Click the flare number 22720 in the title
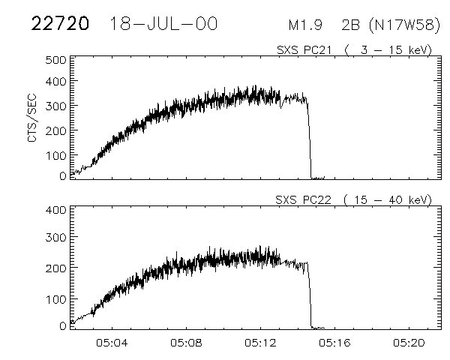[x=59, y=24]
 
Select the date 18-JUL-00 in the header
[x=163, y=24]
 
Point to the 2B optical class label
[x=349, y=25]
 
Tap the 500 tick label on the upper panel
[x=56, y=59]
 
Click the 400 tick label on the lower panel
[x=56, y=209]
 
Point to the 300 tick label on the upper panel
[x=56, y=106]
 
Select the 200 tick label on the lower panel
[x=56, y=267]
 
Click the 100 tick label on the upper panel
[x=56, y=154]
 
